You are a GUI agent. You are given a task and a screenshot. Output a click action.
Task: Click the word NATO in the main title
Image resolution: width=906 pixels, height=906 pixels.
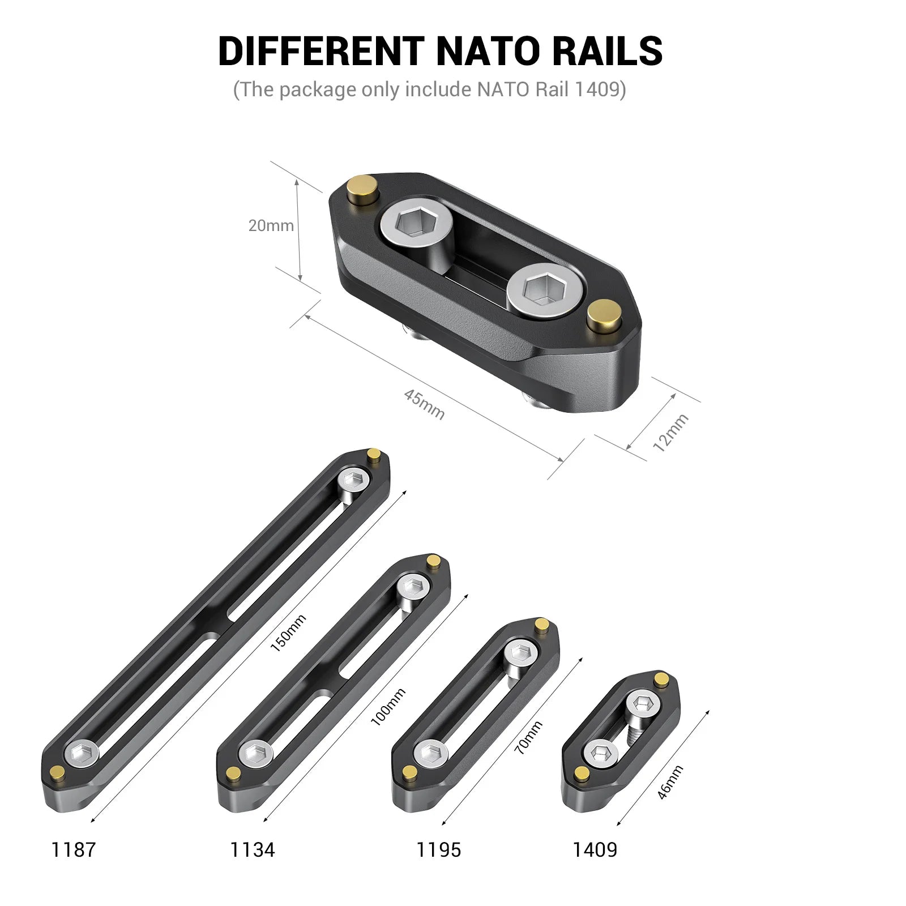click(488, 51)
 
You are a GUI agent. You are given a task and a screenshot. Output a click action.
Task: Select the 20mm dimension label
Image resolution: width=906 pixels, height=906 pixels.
click(271, 225)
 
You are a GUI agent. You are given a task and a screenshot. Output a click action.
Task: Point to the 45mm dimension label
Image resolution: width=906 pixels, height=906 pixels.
click(424, 404)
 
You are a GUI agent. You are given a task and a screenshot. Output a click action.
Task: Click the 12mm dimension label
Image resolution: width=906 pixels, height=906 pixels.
click(670, 433)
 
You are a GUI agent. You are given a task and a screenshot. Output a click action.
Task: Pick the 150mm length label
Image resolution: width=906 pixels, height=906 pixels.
click(288, 633)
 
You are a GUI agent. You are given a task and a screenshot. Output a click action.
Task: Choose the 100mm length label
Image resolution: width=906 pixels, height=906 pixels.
click(388, 707)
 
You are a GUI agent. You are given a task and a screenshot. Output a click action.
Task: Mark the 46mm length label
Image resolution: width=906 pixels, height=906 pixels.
click(670, 782)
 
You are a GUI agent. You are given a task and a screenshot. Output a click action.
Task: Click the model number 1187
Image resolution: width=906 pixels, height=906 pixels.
click(74, 849)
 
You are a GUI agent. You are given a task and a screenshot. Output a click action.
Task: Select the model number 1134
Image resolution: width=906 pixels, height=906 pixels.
click(252, 849)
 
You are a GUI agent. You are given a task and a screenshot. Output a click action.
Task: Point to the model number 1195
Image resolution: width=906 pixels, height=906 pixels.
click(438, 849)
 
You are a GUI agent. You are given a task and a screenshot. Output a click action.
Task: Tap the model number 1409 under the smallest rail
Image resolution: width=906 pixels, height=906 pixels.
click(595, 849)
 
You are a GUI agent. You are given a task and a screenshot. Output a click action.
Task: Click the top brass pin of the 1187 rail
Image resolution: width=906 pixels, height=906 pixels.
click(374, 454)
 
